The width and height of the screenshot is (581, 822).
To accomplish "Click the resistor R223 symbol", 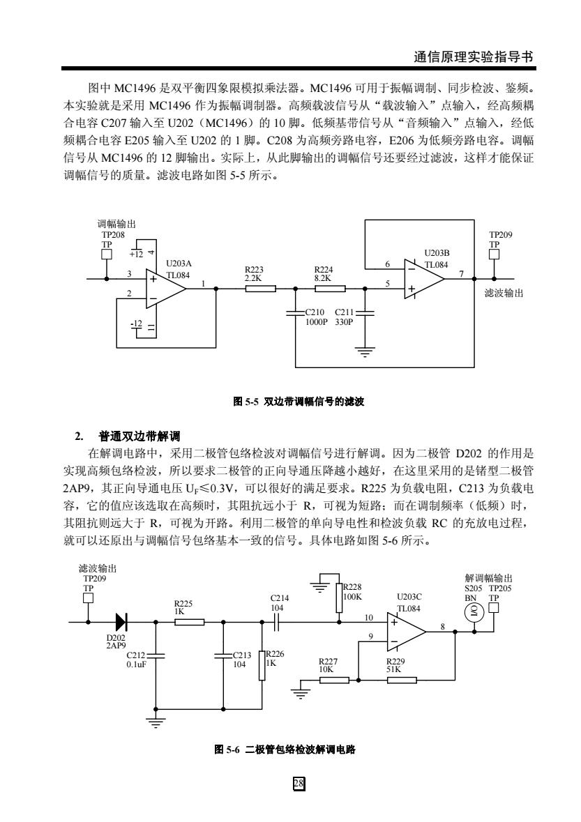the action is click(x=260, y=288).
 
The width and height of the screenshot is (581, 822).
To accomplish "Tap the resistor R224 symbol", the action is click(x=330, y=288).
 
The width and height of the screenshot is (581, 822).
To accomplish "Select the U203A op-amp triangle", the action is click(x=166, y=289).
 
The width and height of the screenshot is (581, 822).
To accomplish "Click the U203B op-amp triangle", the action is click(x=424, y=279).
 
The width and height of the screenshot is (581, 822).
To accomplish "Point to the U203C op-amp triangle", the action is click(x=407, y=632).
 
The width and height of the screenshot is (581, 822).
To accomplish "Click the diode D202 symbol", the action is click(x=121, y=622).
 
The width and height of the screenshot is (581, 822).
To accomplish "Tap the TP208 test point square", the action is click(x=107, y=254).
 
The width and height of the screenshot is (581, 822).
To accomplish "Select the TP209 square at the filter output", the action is click(x=494, y=254).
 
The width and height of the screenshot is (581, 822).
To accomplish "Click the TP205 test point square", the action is click(x=493, y=607).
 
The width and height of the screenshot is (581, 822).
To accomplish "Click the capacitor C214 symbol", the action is click(x=278, y=623).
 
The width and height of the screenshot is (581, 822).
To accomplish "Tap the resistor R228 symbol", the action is click(x=339, y=597).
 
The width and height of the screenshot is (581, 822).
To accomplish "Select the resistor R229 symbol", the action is click(x=402, y=680).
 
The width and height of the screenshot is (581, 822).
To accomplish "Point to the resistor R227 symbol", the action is click(x=334, y=680).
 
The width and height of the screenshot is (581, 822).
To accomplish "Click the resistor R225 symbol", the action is click(x=189, y=623).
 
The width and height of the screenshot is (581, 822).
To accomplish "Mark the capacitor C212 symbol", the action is click(x=156, y=655).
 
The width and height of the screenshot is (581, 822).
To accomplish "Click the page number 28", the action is click(x=299, y=784).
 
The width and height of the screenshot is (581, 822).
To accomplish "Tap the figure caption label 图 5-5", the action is click(x=246, y=402).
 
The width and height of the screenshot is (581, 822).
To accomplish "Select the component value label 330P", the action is click(x=344, y=322).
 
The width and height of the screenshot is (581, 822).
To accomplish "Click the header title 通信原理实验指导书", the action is click(x=474, y=57).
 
